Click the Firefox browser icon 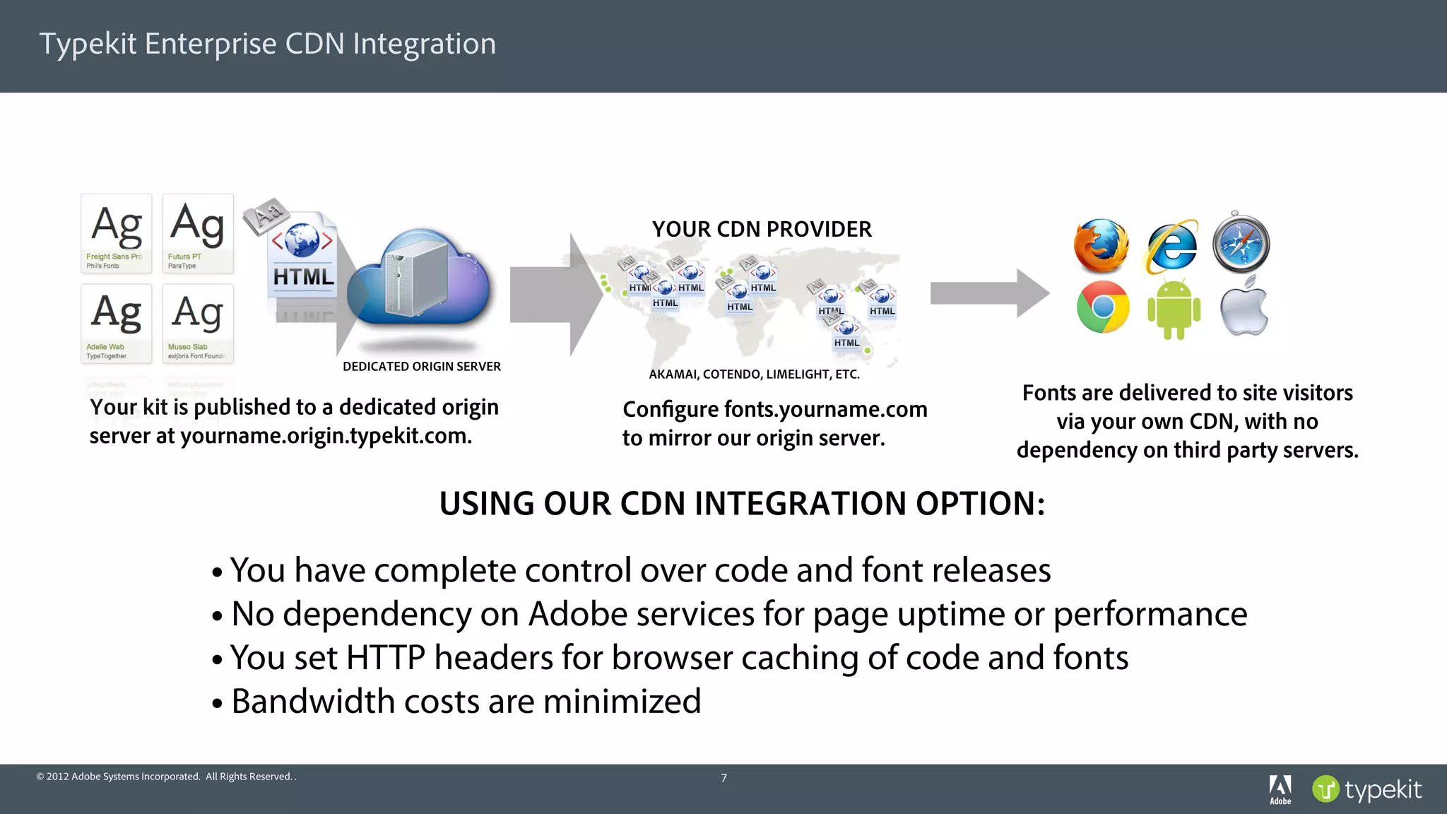1101,246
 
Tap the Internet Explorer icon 1173,247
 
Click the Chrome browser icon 1103,307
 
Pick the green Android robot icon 1174,309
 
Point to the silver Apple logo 1244,307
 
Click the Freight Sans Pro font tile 117,233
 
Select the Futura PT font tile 198,233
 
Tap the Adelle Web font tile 117,324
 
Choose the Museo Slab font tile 198,324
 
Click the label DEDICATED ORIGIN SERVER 422,367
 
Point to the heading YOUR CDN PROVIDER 762,230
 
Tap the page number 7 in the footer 723,778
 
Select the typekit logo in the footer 1366,789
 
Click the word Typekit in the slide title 88,44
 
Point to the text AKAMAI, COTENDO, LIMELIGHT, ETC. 754,374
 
